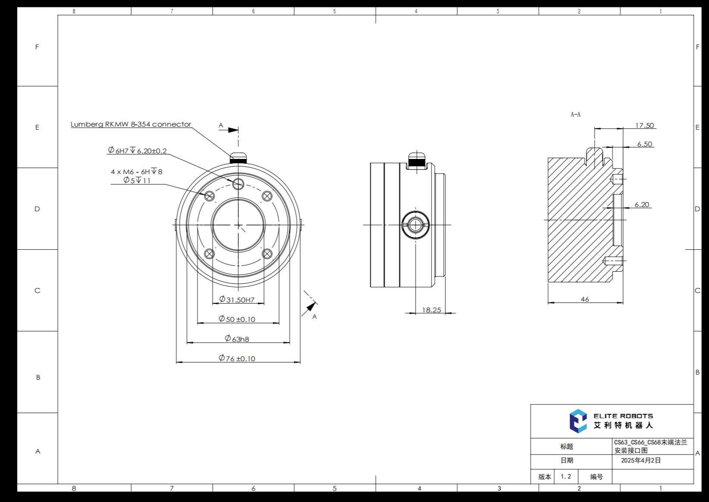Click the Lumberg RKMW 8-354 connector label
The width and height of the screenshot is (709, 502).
[131, 124]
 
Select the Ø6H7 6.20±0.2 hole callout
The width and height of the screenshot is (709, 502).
[137, 151]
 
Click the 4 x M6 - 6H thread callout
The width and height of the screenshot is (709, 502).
[136, 172]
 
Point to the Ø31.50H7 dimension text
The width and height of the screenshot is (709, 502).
[236, 300]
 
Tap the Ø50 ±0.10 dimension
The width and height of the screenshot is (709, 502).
[237, 319]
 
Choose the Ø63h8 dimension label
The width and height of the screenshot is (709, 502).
[237, 339]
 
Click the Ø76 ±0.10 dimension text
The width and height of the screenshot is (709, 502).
[237, 359]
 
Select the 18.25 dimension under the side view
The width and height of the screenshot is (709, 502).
[431, 310]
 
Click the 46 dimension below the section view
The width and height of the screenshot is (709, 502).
[585, 299]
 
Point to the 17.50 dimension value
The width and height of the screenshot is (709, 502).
[644, 125]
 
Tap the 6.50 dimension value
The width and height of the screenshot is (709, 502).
[644, 144]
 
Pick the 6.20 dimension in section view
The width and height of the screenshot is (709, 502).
[642, 205]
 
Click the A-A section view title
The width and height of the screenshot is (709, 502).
[575, 114]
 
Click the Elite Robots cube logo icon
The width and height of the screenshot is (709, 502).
[578, 421]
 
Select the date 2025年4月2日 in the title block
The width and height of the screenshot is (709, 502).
[641, 461]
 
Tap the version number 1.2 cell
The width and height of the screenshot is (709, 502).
[566, 477]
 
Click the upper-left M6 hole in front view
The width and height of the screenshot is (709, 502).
[210, 196]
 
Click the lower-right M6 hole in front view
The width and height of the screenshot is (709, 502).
[267, 254]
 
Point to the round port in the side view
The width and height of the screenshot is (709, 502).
[415, 225]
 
